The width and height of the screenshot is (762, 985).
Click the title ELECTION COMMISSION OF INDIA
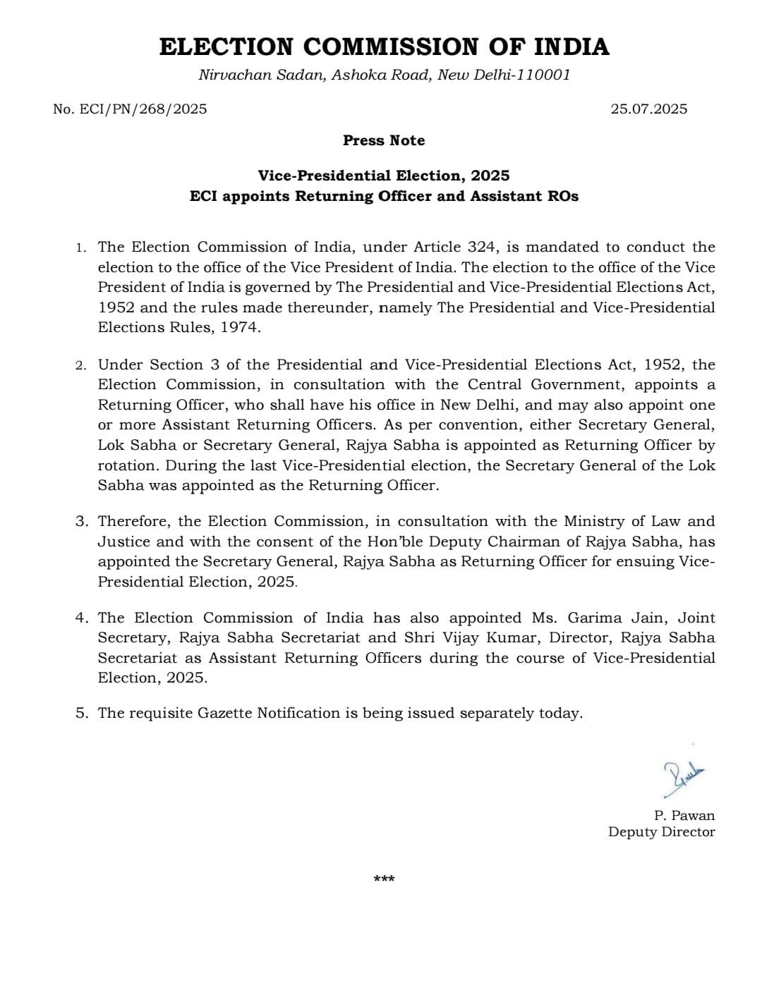[x=384, y=47]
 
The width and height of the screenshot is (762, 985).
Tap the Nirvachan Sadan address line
[x=384, y=75]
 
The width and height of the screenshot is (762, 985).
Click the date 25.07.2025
[x=648, y=109]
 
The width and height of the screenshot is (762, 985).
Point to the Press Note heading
[x=384, y=140]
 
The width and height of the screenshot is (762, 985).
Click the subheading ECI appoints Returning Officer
[x=384, y=196]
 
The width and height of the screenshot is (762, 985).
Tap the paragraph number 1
[x=81, y=247]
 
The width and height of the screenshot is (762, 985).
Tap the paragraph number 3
[x=82, y=522]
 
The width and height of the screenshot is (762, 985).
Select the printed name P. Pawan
[x=684, y=815]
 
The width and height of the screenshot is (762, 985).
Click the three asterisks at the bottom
[x=384, y=879]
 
